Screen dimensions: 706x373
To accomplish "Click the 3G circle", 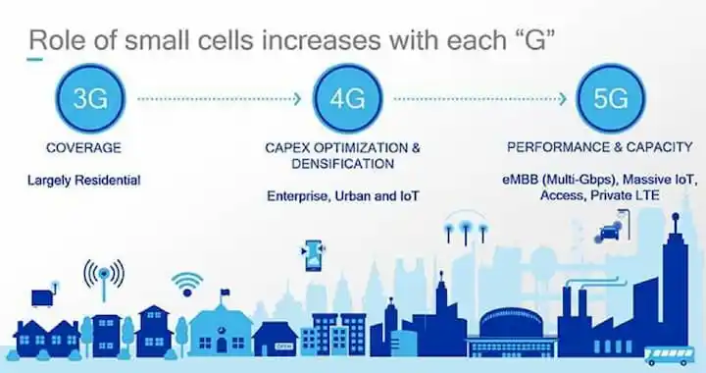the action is [90, 98].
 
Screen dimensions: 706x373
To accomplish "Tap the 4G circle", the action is [347, 98].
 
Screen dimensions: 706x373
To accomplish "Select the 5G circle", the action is [611, 98].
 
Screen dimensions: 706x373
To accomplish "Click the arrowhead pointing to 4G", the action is [297, 99].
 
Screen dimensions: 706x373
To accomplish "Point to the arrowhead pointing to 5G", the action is [563, 99].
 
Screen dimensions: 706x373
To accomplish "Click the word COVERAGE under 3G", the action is [83, 148].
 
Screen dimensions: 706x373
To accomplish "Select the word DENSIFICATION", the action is [342, 164].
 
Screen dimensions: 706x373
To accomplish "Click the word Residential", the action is [108, 181].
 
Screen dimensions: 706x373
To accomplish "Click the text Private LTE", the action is [625, 195].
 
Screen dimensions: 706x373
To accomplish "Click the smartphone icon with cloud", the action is [314, 255].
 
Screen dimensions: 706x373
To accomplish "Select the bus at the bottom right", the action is [669, 356].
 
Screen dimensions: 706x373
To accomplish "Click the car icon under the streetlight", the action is [607, 234].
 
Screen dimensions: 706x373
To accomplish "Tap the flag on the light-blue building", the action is [224, 293].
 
